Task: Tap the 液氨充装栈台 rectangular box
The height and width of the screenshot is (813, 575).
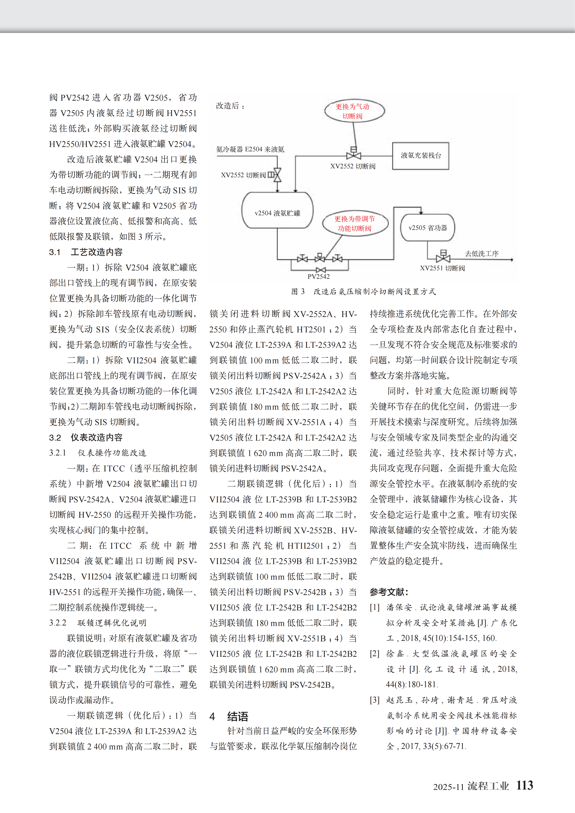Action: pyautogui.click(x=421, y=156)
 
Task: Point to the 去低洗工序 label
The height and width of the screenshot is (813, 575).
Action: pyautogui.click(x=482, y=254)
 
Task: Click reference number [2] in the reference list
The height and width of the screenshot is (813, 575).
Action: pyautogui.click(x=375, y=653)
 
